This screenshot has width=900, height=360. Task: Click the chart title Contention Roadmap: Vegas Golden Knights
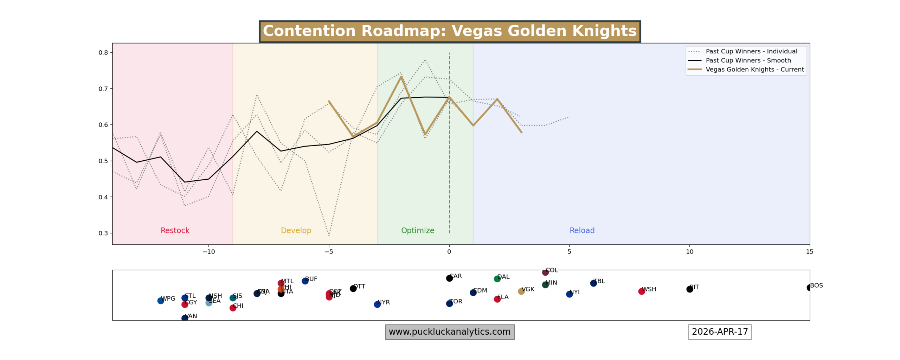449,31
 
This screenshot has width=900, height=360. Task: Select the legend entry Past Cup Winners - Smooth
748,60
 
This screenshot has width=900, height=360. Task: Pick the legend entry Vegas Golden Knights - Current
754,70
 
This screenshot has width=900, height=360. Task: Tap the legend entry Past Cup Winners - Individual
751,51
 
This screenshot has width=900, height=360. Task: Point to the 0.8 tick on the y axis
103,53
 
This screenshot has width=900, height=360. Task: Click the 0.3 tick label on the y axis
103,233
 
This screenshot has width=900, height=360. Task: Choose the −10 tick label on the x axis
208,252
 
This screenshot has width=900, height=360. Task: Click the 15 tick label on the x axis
809,252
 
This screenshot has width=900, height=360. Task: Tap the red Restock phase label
175,231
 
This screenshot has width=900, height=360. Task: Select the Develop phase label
296,231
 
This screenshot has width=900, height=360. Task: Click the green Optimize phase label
418,231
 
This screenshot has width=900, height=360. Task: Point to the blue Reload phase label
582,231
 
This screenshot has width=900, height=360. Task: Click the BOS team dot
809,288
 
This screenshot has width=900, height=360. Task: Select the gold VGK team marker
521,291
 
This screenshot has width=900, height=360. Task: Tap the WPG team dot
161,301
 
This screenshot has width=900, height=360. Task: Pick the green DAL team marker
497,279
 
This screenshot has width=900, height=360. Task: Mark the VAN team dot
185,318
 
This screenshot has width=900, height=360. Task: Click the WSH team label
649,289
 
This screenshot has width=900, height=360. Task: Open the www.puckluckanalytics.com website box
450,332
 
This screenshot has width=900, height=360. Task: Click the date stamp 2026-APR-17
719,332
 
